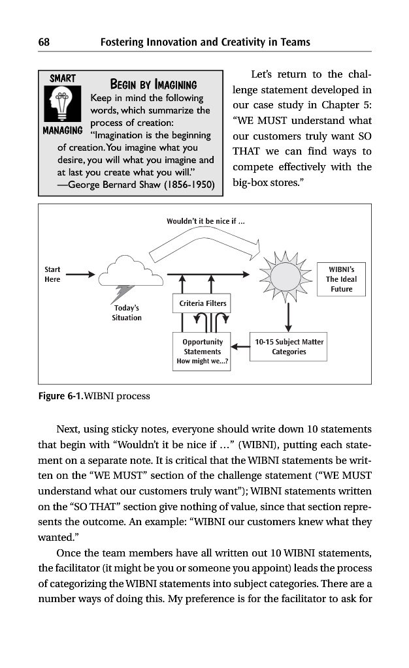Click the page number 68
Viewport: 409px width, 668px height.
[x=44, y=42]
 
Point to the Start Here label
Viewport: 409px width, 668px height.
[x=52, y=274]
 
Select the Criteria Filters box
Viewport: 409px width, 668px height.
[x=203, y=303]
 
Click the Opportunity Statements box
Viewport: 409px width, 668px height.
[x=203, y=351]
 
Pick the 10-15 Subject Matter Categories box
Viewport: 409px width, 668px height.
[x=289, y=346]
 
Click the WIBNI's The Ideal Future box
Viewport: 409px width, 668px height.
[x=342, y=279]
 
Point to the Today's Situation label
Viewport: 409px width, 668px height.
[x=127, y=312]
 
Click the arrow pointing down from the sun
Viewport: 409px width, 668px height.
[x=288, y=317]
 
